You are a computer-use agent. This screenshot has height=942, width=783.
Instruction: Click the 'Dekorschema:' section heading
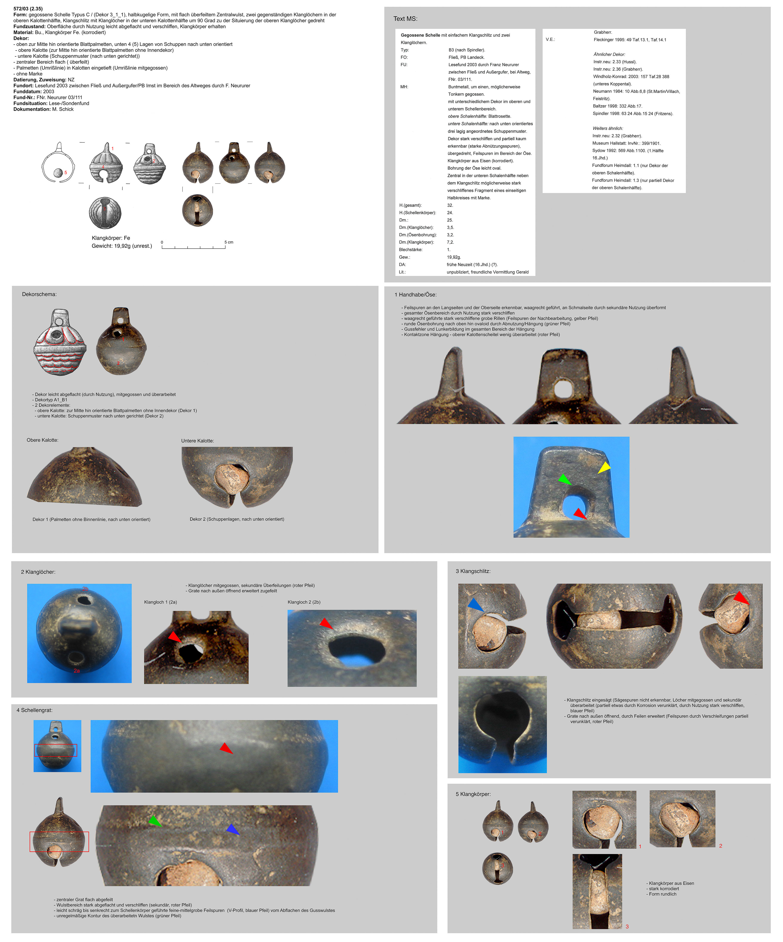[40, 294]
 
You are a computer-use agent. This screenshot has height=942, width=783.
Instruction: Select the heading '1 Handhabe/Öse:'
[415, 295]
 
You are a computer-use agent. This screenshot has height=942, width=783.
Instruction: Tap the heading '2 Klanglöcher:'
[38, 572]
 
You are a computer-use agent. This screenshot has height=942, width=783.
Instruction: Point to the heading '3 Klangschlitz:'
[473, 571]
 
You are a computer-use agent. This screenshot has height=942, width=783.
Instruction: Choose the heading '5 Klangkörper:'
[473, 794]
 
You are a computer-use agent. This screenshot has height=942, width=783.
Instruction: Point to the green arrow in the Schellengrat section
[155, 821]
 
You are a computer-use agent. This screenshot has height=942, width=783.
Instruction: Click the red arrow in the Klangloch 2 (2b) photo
[326, 623]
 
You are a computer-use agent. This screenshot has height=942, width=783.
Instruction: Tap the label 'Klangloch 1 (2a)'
[161, 602]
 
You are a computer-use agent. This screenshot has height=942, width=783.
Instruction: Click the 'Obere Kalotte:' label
[43, 440]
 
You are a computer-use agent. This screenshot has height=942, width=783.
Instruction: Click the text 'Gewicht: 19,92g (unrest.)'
[122, 246]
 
